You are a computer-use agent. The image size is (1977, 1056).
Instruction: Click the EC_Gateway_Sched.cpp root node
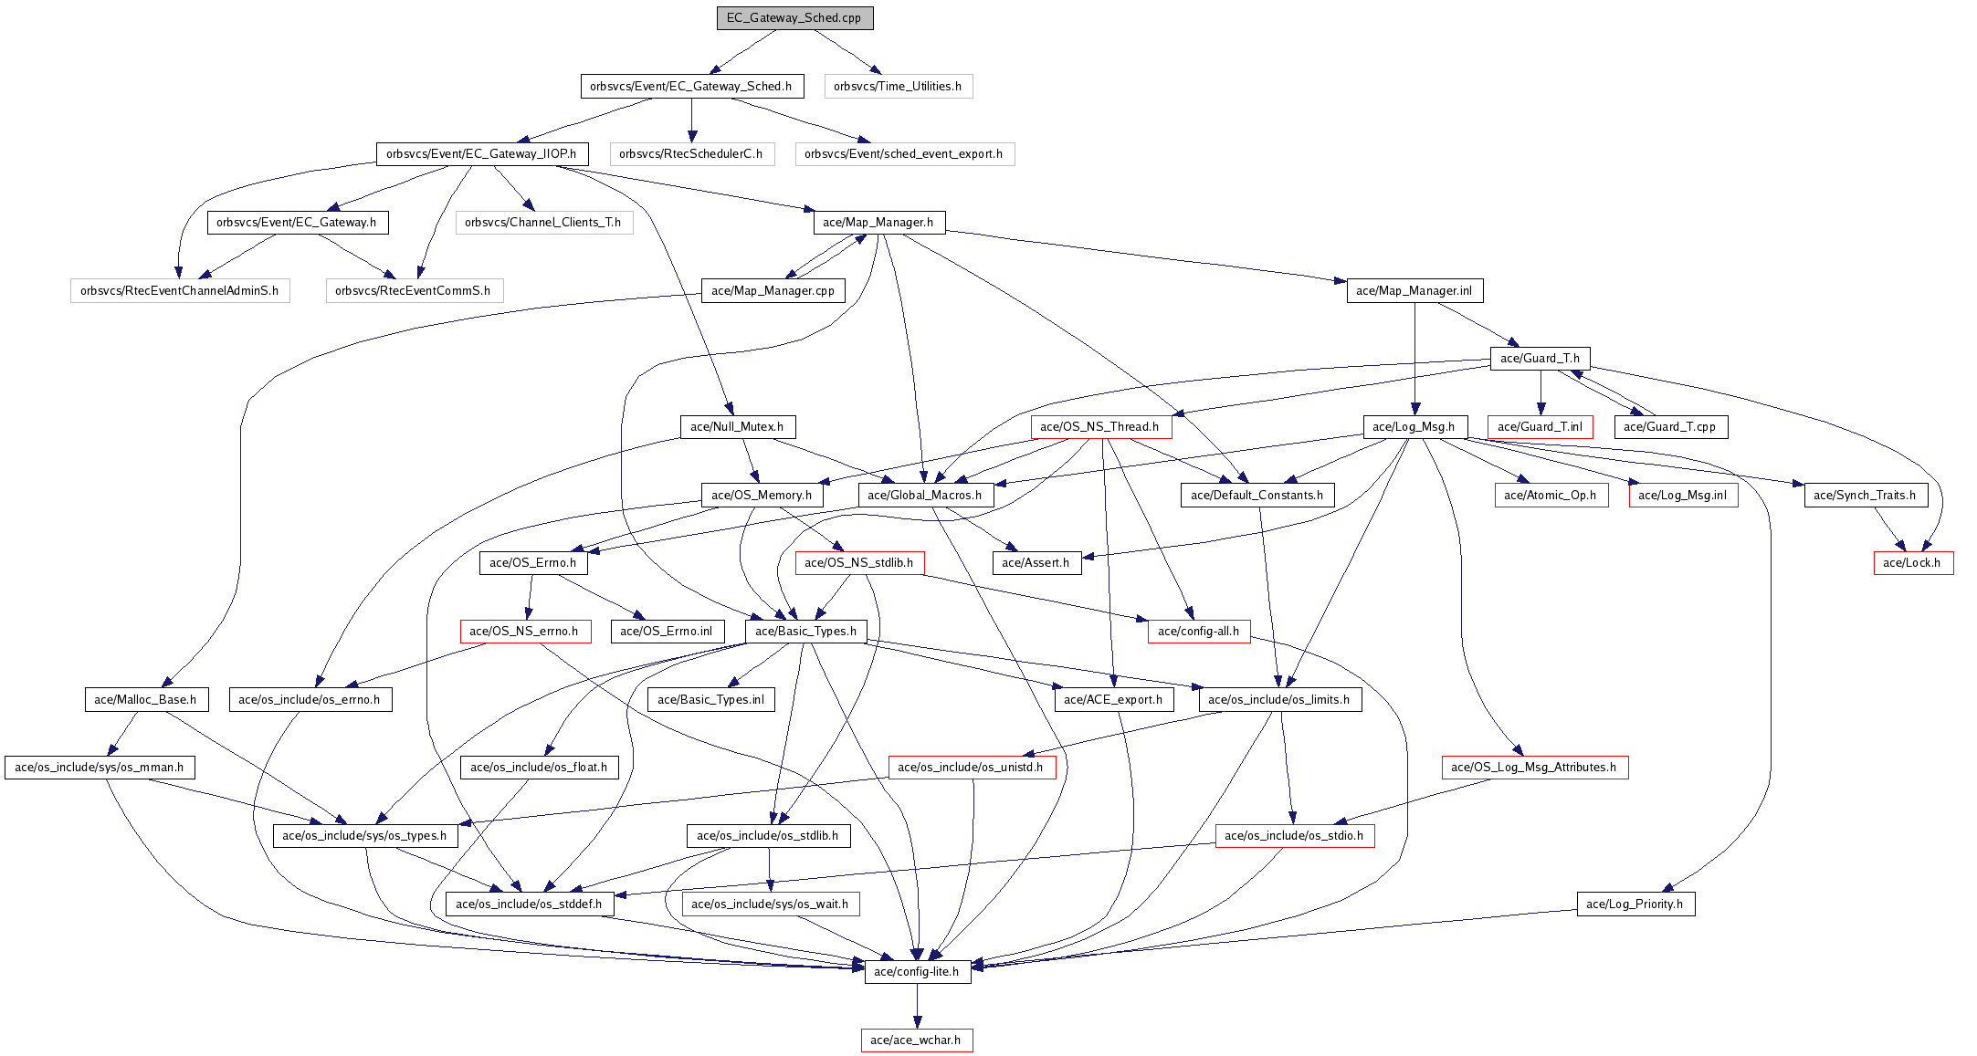pos(794,18)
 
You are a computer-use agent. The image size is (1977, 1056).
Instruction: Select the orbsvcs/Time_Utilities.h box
pos(898,87)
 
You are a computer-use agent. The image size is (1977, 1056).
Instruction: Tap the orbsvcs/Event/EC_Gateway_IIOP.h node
pos(481,154)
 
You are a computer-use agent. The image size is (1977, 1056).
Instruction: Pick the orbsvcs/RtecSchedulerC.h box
pos(691,154)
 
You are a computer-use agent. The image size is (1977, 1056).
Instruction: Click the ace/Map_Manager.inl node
pos(1414,291)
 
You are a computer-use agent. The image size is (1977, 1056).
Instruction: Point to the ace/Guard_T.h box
pos(1540,359)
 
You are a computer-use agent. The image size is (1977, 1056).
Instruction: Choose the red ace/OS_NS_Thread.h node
pos(1099,427)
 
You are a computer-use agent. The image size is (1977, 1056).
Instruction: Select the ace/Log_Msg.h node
pos(1414,427)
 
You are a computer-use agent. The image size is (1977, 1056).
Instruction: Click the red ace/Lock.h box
pos(1912,563)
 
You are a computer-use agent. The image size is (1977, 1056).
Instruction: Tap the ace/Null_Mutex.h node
pos(737,427)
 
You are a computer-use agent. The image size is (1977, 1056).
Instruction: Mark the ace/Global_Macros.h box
pos(925,496)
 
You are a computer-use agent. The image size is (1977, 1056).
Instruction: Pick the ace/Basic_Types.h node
pos(806,632)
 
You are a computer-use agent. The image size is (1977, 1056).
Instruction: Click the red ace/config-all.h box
pos(1199,632)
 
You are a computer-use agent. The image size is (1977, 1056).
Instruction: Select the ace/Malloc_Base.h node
pos(145,700)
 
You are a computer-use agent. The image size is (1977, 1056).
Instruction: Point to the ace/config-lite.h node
pos(917,972)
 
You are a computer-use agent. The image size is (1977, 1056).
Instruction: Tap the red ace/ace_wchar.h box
pos(916,1040)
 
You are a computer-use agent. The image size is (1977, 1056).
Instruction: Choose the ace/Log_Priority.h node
pos(1635,904)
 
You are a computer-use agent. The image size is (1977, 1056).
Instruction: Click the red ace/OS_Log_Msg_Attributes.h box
pos(1534,768)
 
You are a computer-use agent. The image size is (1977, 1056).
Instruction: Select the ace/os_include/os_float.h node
pos(539,768)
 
